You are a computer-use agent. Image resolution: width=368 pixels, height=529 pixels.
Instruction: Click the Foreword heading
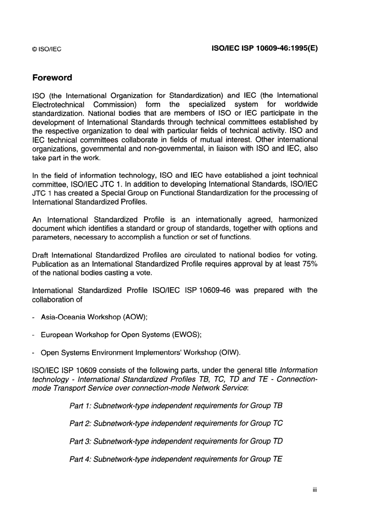(x=52, y=78)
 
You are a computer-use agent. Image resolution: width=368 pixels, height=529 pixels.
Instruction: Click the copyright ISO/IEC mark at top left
(x=46, y=49)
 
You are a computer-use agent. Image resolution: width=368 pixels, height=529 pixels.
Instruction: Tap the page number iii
(x=315, y=490)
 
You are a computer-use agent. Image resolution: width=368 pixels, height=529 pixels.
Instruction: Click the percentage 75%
(x=310, y=264)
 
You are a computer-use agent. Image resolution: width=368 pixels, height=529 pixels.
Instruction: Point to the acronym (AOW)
(x=135, y=317)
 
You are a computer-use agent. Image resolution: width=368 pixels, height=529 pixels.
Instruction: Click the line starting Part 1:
(x=175, y=406)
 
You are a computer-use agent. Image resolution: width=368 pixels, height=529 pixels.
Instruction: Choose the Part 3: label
(x=80, y=441)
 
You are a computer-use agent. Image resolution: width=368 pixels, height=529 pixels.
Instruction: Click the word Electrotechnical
(x=58, y=104)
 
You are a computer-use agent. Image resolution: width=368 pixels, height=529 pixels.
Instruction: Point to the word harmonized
(x=298, y=220)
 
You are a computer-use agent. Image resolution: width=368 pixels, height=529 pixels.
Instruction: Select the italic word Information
(x=299, y=370)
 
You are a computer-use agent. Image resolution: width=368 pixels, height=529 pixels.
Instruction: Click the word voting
(x=306, y=255)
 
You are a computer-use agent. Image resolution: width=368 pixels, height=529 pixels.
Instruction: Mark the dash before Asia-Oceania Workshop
(x=34, y=317)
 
